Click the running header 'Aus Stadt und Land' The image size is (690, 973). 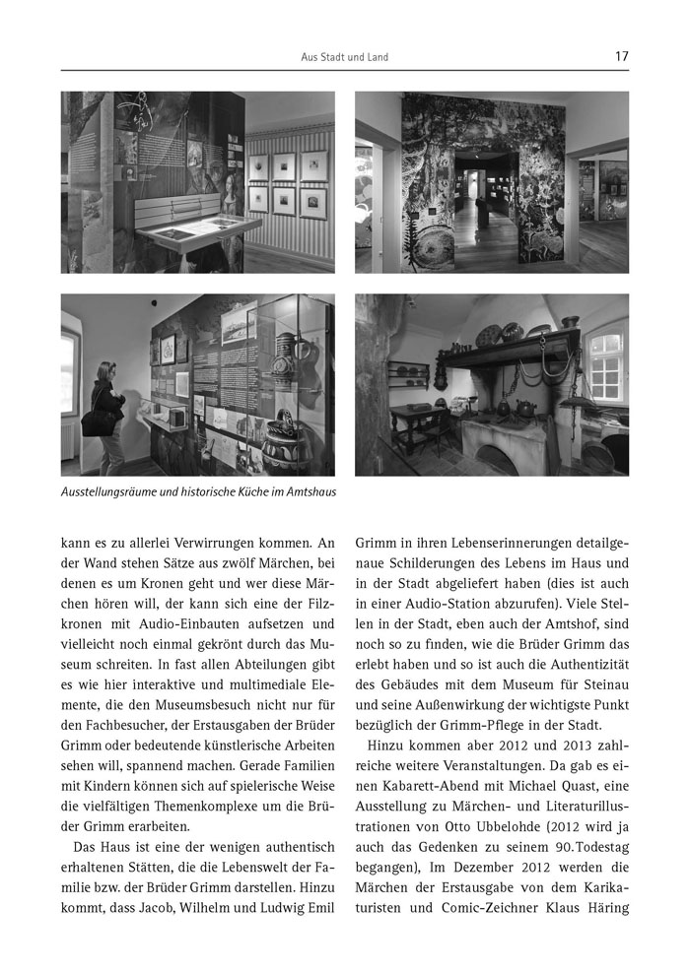pyautogui.click(x=344, y=58)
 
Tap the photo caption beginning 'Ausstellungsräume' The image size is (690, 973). pyautogui.click(x=197, y=490)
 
